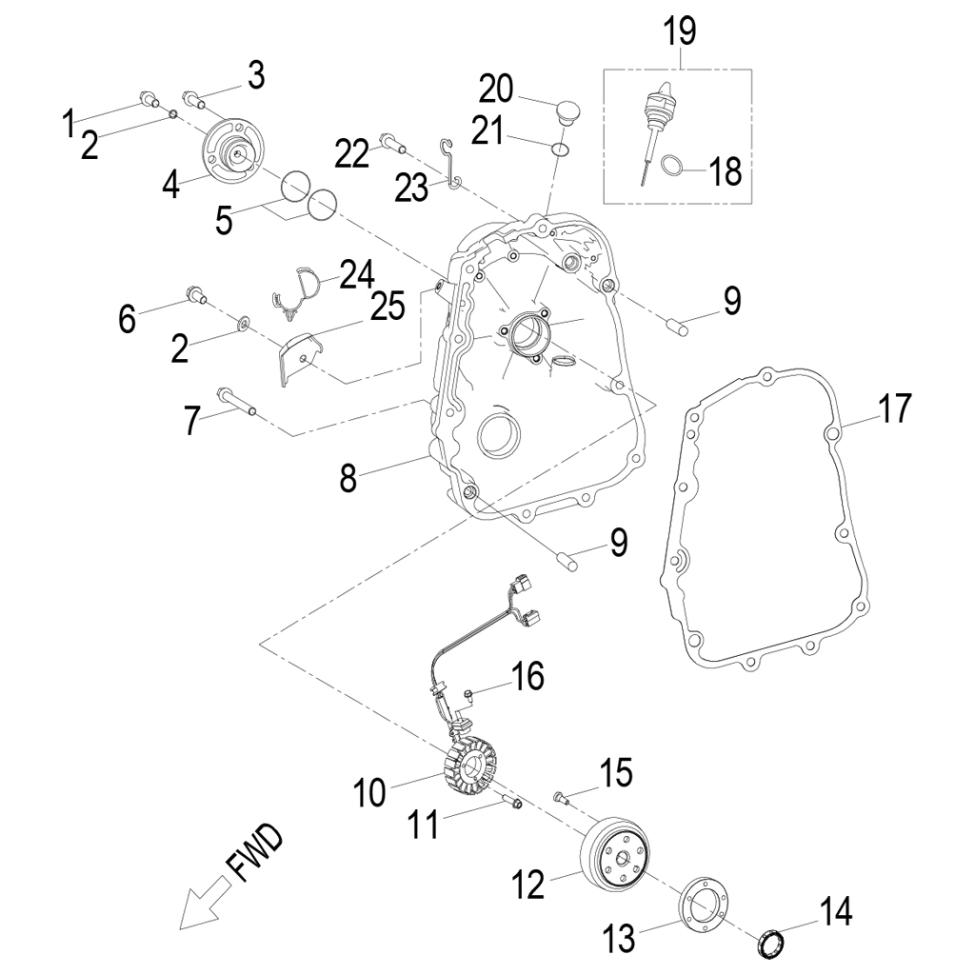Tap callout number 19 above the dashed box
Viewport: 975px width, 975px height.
point(680,30)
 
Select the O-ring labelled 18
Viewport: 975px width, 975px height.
point(670,166)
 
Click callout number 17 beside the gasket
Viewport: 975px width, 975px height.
point(894,408)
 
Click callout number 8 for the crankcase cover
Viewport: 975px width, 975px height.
point(348,477)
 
